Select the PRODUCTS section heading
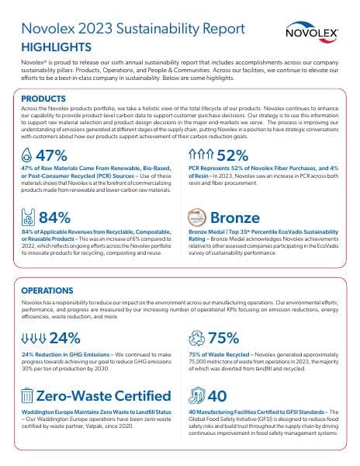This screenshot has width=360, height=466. tap(43, 99)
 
